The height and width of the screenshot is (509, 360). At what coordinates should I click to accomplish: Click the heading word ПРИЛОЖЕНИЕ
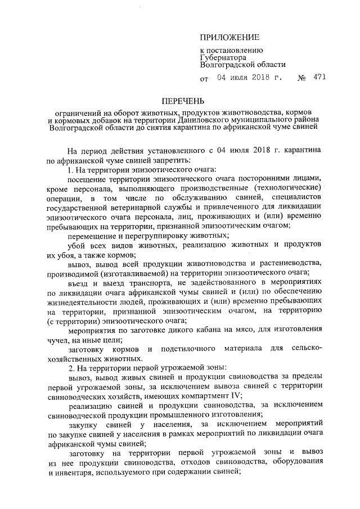coord(230,38)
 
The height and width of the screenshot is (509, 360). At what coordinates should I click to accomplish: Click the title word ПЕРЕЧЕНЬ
coord(181,101)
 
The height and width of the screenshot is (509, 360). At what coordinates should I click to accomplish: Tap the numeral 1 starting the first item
coord(69,169)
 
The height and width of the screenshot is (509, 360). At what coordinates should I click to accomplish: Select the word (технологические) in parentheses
coord(287,187)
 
